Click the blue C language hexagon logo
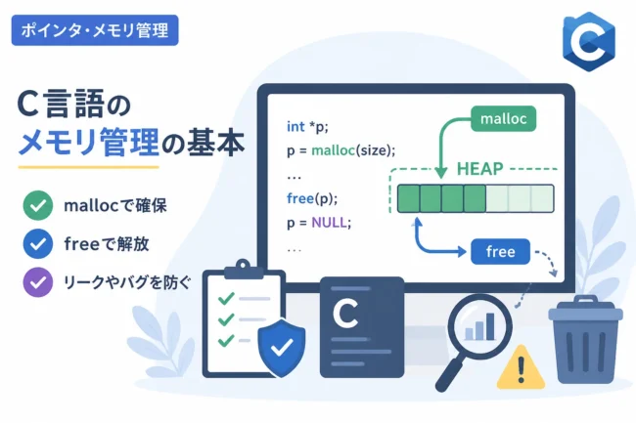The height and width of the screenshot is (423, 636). point(589,41)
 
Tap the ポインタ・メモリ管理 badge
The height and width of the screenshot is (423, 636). point(95,30)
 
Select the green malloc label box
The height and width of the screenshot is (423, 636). point(503,118)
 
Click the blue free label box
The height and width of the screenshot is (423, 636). point(501,251)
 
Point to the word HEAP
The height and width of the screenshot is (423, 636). point(479,169)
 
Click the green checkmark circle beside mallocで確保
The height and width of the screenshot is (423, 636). point(38,205)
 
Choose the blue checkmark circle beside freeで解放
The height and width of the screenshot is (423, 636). point(38,243)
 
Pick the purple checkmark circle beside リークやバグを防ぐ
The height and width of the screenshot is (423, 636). point(38,282)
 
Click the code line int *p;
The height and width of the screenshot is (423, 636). point(307,127)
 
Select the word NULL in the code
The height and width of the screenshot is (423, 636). point(329,222)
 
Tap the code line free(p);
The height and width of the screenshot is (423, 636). point(312,198)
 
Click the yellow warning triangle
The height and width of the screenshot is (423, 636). point(521,367)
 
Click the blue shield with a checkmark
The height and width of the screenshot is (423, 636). point(282,348)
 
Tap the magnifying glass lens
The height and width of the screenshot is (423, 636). point(479,326)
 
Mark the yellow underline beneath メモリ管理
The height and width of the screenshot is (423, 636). point(88,167)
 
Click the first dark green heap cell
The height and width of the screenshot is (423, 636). point(408,198)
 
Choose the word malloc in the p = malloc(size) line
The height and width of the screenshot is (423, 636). point(333,150)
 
